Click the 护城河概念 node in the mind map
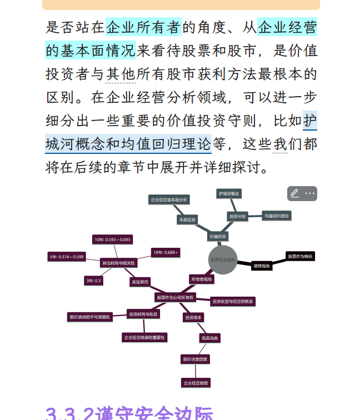pyautogui.click(x=229, y=193)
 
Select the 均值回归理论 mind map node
pyautogui.click(x=276, y=215)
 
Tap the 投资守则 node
pyautogui.click(x=237, y=216)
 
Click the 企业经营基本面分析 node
pyautogui.click(x=169, y=199)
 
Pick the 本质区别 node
pyautogui.click(x=187, y=219)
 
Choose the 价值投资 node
pyautogui.click(x=218, y=236)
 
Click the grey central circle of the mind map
pyautogui.click(x=222, y=259)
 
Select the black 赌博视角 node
pyautogui.click(x=262, y=266)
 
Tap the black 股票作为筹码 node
pyautogui.click(x=300, y=256)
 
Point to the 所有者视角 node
pyautogui.click(x=201, y=279)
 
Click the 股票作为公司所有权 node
pyautogui.click(x=176, y=298)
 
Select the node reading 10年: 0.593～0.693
pyautogui.click(x=113, y=239)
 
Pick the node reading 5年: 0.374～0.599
pyautogui.click(x=67, y=257)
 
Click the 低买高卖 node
pyautogui.click(x=209, y=337)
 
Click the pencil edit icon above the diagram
pyautogui.click(x=295, y=193)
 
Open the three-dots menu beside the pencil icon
pyautogui.click(x=310, y=193)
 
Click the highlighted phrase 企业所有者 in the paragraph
pyautogui.click(x=143, y=27)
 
